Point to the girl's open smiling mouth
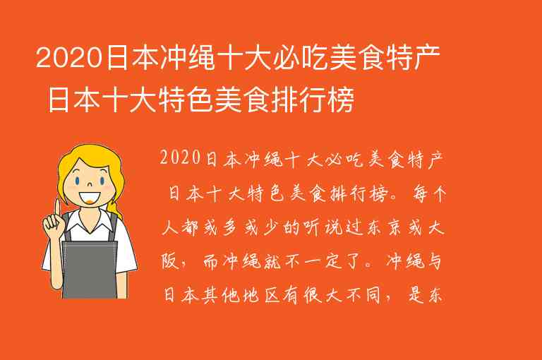pos(89,196)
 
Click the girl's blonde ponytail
pos(117,191)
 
